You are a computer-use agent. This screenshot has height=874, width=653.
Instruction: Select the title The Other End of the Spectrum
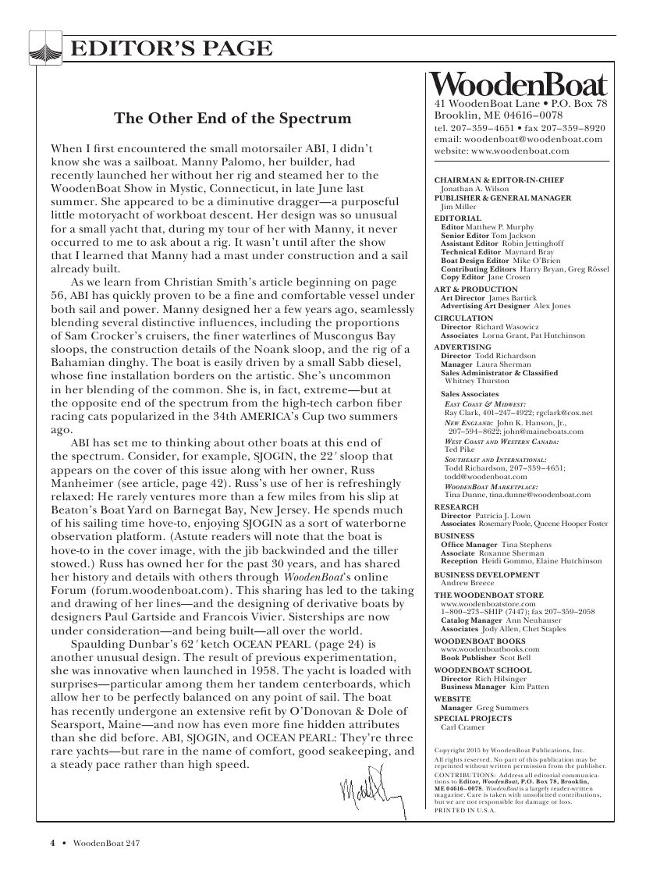coord(232,119)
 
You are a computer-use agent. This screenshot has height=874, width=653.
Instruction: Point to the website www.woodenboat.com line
coord(502,150)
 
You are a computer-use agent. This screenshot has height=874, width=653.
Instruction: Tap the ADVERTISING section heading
coord(462,346)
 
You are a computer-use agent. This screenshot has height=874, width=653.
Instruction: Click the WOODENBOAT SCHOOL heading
coord(482,670)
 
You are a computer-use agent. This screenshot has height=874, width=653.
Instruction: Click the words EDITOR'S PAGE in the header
coord(171,50)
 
